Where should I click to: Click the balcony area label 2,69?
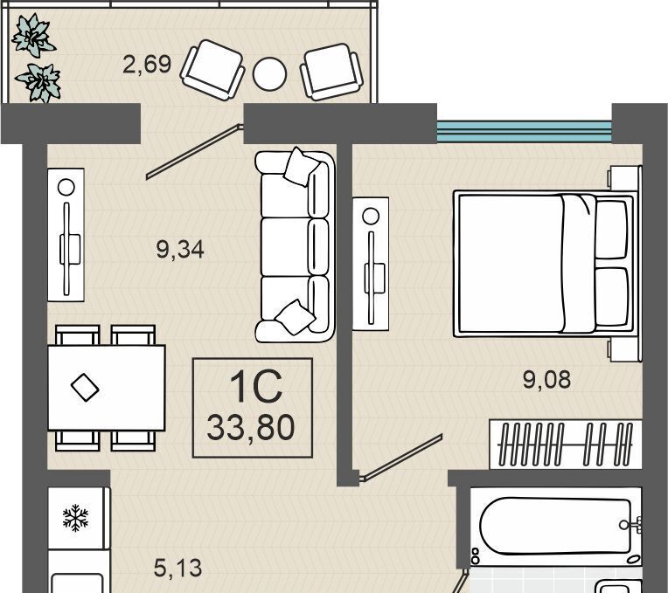pos(147,65)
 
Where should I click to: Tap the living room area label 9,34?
pos(180,249)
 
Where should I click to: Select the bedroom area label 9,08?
pos(547,379)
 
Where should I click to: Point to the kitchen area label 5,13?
pos(177,568)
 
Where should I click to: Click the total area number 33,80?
pos(251,428)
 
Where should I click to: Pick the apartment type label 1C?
pos(255,386)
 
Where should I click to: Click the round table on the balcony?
pos(269,73)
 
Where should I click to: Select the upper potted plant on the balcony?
pos(33,35)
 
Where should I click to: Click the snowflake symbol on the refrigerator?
pos(75,518)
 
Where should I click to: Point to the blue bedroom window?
pos(525,132)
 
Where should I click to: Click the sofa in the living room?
pos(295,245)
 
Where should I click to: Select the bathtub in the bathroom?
pos(555,527)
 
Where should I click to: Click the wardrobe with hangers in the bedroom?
pos(566,445)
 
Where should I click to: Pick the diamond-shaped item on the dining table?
pos(85,387)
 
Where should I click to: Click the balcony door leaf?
pos(195,151)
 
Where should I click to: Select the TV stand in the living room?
pos(66,235)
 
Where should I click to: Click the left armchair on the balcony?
pos(213,70)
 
